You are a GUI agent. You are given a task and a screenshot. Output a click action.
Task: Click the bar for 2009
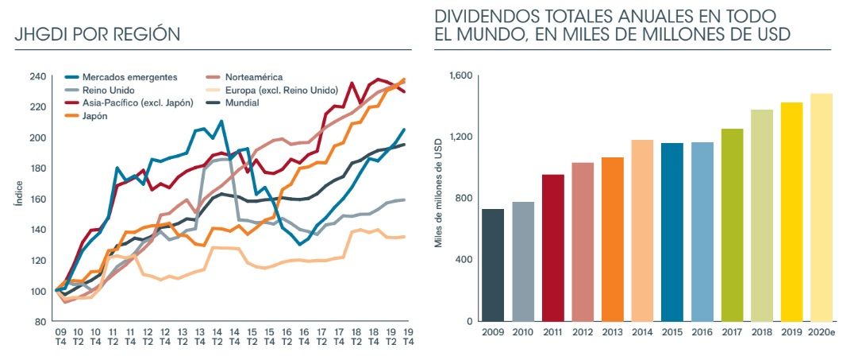pyautogui.click(x=493, y=265)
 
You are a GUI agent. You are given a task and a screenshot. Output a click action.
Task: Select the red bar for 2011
pyautogui.click(x=553, y=248)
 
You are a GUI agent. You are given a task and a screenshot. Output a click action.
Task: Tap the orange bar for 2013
pyautogui.click(x=613, y=239)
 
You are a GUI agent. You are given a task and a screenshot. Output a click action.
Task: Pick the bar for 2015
pyautogui.click(x=672, y=232)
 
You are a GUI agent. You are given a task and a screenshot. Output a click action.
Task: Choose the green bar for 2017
pyautogui.click(x=733, y=225)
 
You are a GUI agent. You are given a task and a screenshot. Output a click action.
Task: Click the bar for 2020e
pyautogui.click(x=821, y=207)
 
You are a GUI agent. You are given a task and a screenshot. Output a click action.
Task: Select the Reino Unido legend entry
pyautogui.click(x=106, y=90)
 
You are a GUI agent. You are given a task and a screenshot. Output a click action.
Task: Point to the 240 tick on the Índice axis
pyautogui.click(x=38, y=77)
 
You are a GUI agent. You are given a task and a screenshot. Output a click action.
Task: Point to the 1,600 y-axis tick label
pyautogui.click(x=460, y=75)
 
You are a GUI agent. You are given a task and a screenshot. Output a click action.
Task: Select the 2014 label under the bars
pyautogui.click(x=642, y=334)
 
